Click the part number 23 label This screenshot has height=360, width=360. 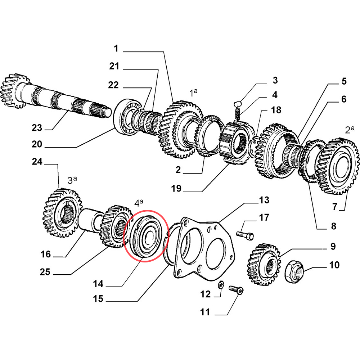37,128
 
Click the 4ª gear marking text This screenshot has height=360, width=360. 139,203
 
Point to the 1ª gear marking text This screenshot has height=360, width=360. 194,93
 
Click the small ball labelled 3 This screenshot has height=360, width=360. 237,104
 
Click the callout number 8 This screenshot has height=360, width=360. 333,226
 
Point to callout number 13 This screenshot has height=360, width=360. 264,200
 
